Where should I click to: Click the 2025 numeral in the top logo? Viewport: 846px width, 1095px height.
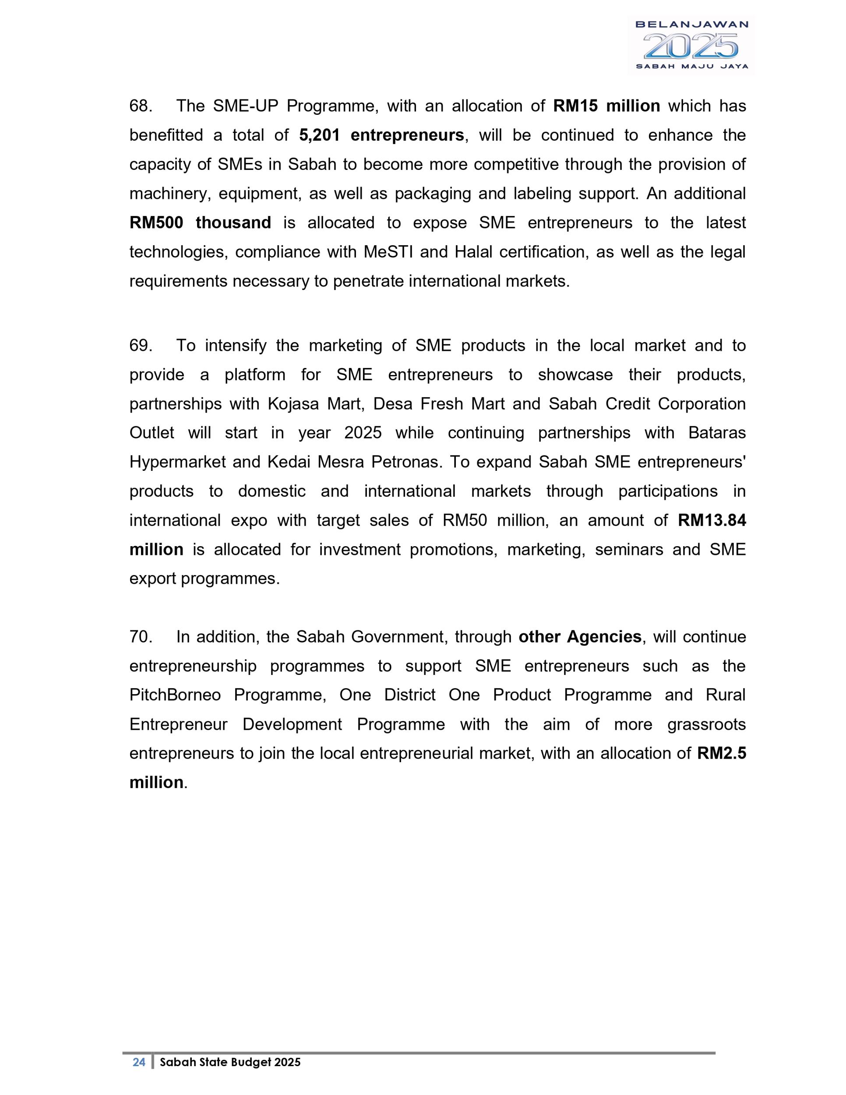click(x=691, y=46)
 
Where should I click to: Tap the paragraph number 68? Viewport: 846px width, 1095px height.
click(x=140, y=106)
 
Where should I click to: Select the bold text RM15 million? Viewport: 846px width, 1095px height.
click(x=606, y=106)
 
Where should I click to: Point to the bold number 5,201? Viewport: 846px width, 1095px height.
click(x=319, y=135)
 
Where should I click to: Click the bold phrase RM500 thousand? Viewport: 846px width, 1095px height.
click(x=200, y=223)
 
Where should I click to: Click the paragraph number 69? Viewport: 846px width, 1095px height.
click(x=140, y=346)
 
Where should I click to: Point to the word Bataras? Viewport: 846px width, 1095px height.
click(x=717, y=433)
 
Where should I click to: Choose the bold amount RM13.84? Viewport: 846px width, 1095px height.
click(x=712, y=520)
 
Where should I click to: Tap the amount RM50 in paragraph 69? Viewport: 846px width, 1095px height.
click(x=465, y=520)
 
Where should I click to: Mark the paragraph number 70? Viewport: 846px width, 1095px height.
click(x=140, y=637)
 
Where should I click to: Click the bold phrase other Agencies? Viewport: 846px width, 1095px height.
click(x=580, y=637)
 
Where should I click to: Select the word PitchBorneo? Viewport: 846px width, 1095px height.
click(x=175, y=695)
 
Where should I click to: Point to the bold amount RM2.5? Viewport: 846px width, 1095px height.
click(x=721, y=753)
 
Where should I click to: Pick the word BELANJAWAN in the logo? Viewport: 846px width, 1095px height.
click(x=691, y=24)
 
